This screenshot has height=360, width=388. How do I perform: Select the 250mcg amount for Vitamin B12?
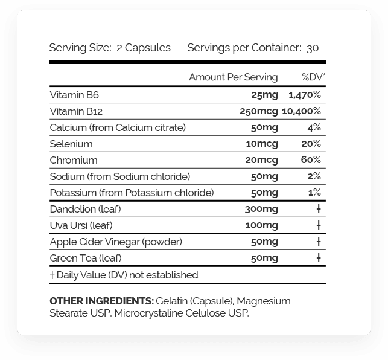point(259,111)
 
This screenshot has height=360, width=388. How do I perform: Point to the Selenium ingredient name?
point(71,144)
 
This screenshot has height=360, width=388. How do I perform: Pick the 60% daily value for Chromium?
point(311,160)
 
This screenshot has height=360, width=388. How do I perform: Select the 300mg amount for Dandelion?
point(261,209)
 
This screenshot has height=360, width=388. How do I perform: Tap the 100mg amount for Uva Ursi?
point(261,225)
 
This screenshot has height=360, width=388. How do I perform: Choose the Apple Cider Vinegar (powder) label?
point(107,242)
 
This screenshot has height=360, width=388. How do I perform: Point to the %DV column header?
point(314,77)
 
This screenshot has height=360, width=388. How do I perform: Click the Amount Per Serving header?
point(233,77)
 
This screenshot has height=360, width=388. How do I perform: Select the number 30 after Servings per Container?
point(313,48)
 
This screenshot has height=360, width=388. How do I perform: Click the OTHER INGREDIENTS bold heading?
point(101,301)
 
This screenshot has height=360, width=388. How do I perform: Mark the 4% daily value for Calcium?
point(314,127)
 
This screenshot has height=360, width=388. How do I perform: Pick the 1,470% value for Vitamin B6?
point(305,95)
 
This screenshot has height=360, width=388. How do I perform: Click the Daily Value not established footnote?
point(124,275)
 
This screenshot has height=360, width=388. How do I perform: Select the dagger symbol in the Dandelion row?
point(318,209)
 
